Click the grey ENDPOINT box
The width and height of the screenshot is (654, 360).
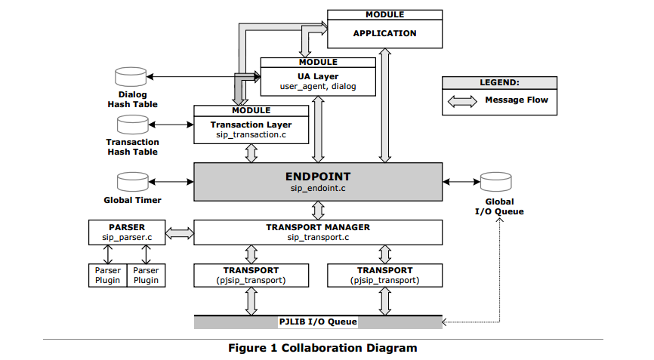tap(318, 182)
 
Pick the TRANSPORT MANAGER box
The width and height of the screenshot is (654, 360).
tap(318, 232)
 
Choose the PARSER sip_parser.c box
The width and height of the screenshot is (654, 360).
tap(127, 232)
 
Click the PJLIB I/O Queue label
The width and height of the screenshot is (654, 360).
tap(318, 322)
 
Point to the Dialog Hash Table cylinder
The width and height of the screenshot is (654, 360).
tap(131, 77)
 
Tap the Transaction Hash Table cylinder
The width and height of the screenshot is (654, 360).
tap(133, 125)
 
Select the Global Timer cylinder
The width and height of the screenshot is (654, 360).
tap(133, 182)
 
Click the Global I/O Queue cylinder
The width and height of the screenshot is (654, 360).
tap(496, 182)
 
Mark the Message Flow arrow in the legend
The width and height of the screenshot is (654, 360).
tap(462, 101)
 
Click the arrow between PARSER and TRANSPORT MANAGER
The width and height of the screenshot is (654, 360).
tap(180, 233)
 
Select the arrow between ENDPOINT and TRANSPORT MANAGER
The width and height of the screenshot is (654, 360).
tap(318, 211)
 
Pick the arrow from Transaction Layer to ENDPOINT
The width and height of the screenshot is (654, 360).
tap(251, 153)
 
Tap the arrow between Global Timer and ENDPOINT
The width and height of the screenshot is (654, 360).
tap(171, 182)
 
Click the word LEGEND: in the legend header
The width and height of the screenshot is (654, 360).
tap(499, 82)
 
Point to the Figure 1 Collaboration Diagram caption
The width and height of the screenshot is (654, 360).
tap(322, 348)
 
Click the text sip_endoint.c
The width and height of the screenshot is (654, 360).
tap(318, 189)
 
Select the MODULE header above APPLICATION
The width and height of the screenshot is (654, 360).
tap(384, 14)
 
